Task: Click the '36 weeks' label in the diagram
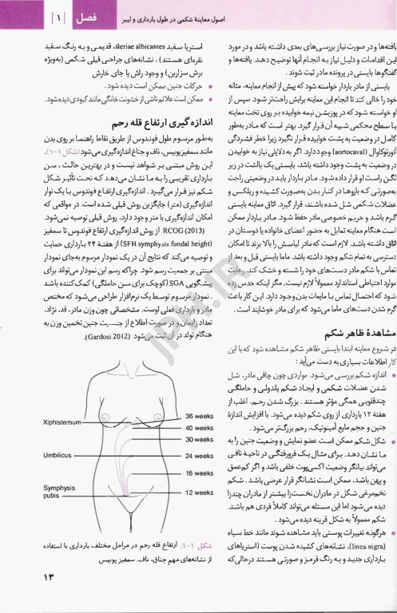click(201, 415)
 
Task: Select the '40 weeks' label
click(201, 427)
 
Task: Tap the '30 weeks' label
click(201, 438)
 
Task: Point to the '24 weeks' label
click(201, 456)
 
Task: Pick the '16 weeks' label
click(201, 473)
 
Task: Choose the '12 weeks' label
click(201, 492)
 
